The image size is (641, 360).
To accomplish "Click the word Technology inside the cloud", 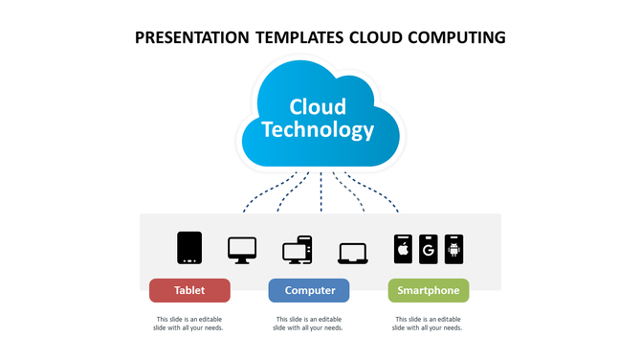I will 319,129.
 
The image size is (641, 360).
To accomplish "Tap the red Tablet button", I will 189,290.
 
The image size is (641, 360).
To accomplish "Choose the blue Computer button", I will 309,290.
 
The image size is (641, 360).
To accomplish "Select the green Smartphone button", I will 428,290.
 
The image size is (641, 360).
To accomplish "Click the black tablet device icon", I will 189,247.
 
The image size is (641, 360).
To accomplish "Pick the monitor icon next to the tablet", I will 241,250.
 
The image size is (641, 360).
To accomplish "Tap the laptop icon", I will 352,253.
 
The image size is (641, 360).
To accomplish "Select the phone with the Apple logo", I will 403,248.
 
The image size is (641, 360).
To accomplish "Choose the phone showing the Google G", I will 428,248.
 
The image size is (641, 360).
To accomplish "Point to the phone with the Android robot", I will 453,248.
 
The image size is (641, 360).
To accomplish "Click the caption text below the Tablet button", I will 189,324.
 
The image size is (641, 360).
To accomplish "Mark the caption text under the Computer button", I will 309,324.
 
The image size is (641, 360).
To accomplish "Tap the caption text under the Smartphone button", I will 428,324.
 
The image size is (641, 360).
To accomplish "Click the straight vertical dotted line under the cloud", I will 320,191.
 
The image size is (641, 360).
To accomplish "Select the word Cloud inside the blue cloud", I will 318,105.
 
